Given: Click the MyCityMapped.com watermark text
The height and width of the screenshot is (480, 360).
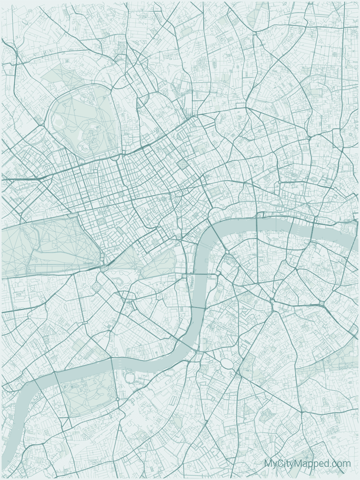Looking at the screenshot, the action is [x=307, y=464].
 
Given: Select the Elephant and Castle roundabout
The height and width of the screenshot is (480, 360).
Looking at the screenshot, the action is [x=272, y=300].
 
